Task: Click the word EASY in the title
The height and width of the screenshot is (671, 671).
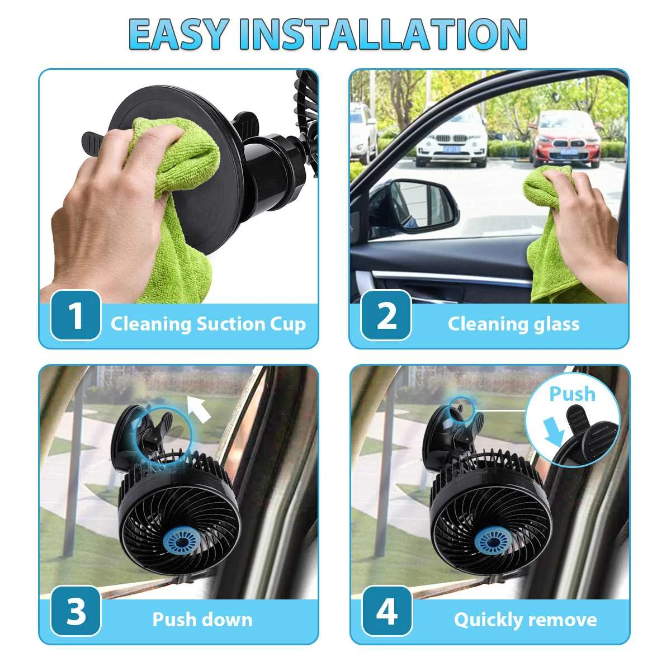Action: pos(181,34)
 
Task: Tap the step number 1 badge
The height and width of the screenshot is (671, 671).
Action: pos(75,315)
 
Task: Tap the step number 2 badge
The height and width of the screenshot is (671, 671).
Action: pos(386,315)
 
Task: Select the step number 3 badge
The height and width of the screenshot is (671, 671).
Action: pos(75,611)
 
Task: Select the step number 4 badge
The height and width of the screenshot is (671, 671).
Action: pos(387,611)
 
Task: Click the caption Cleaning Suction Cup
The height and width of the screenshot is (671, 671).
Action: pos(208,324)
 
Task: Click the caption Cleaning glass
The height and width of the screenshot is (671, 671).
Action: pos(514,324)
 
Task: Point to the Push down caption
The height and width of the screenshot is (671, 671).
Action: pos(202,620)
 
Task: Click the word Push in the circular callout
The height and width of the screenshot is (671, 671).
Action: pos(573,394)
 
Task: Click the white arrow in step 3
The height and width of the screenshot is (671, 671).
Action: pos(200,408)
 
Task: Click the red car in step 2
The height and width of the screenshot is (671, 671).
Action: pos(566,139)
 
